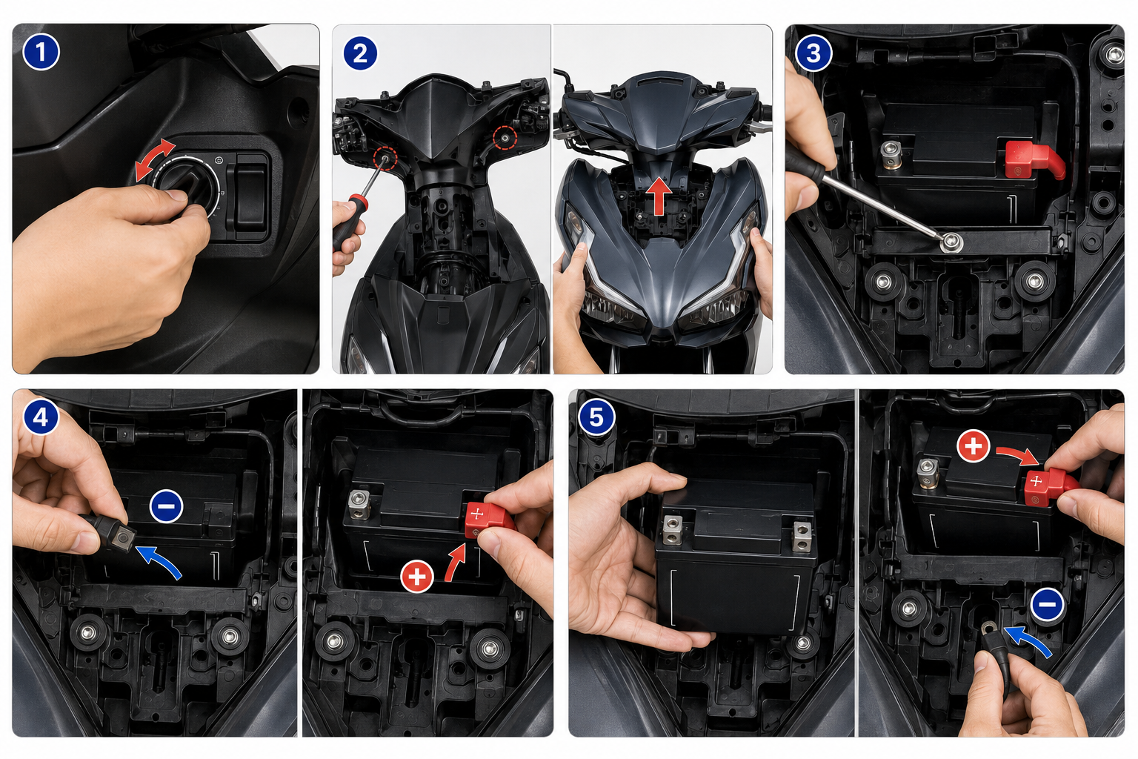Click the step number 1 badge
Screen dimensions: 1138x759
pyautogui.click(x=41, y=52)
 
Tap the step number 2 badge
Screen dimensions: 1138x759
pyautogui.click(x=360, y=53)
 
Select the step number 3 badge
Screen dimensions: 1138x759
pyautogui.click(x=813, y=53)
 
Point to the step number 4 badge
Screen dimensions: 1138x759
pyautogui.click(x=41, y=417)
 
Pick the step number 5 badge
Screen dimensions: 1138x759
pyautogui.click(x=596, y=418)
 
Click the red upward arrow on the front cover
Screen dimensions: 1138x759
pyautogui.click(x=659, y=196)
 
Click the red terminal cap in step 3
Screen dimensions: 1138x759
pyautogui.click(x=1032, y=159)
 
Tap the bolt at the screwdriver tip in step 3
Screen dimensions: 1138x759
pyautogui.click(x=951, y=242)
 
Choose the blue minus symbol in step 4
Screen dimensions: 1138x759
pyautogui.click(x=166, y=506)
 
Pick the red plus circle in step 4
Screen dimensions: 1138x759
pyautogui.click(x=416, y=577)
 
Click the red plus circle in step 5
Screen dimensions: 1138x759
pyautogui.click(x=973, y=446)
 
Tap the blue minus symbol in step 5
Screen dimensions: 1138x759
pyautogui.click(x=1048, y=604)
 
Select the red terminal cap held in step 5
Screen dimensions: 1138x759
pyautogui.click(x=1048, y=486)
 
